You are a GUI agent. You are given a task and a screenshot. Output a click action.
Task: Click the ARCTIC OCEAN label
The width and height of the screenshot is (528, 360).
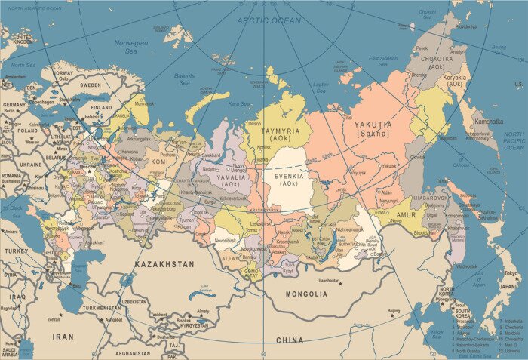269,20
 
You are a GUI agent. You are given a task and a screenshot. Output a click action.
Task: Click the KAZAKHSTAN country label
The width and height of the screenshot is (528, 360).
164,265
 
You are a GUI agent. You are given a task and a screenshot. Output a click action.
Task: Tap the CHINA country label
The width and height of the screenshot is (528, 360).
290,340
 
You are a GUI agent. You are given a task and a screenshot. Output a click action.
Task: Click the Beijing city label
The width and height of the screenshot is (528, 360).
394,311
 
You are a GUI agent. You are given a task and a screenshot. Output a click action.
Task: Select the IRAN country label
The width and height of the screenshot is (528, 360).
63,337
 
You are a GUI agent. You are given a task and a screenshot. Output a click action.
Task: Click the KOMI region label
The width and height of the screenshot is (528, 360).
159,162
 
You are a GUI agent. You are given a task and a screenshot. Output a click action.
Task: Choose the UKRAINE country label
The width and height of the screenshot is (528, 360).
31,164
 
